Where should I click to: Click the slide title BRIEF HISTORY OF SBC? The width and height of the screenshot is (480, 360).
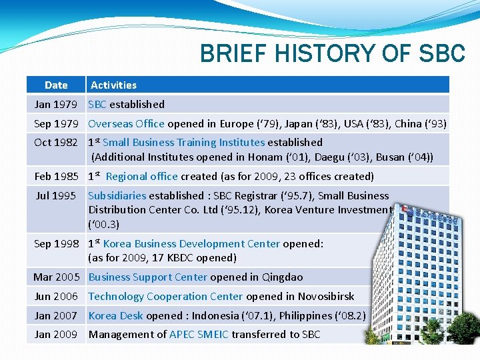click(x=332, y=53)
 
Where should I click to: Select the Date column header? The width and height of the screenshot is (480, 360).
click(x=56, y=85)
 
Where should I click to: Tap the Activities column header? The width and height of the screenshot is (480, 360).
click(x=113, y=85)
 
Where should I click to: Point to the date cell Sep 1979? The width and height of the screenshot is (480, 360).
click(x=56, y=123)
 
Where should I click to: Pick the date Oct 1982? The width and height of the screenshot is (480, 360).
click(x=56, y=142)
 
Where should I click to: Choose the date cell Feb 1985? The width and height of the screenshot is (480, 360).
click(x=56, y=176)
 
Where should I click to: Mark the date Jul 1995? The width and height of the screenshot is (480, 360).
click(x=56, y=195)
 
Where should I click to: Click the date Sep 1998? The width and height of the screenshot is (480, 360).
click(x=56, y=243)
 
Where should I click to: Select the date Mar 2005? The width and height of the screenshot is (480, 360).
click(x=56, y=277)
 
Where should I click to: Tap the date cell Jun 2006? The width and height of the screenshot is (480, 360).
click(x=56, y=296)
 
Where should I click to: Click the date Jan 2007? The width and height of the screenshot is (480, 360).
click(x=56, y=315)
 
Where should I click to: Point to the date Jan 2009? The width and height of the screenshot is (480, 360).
click(x=56, y=334)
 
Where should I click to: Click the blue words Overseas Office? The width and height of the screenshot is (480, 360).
click(x=126, y=123)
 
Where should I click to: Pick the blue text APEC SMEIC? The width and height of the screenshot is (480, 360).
click(x=199, y=334)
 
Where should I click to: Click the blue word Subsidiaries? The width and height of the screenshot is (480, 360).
click(x=117, y=195)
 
